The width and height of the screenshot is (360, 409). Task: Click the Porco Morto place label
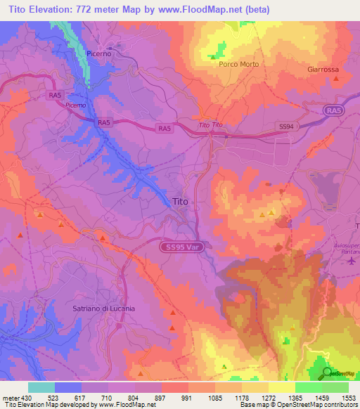click(239, 64)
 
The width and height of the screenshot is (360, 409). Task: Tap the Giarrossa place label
click(323, 70)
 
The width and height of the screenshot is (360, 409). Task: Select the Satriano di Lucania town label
click(103, 309)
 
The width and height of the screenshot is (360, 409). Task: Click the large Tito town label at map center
click(180, 202)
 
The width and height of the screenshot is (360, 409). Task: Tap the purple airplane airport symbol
click(352, 261)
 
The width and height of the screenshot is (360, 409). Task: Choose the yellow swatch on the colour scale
click(281, 387)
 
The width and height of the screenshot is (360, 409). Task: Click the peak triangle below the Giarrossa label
click(336, 79)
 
